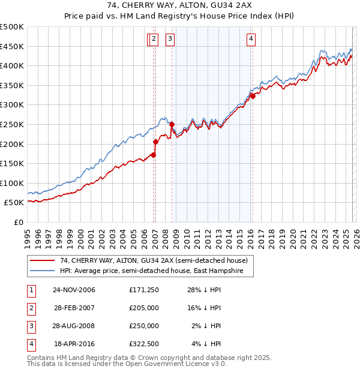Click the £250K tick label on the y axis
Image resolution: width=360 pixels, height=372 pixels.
click(12, 124)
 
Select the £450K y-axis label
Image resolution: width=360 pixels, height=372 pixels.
click(12, 46)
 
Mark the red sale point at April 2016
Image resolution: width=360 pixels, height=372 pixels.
click(253, 96)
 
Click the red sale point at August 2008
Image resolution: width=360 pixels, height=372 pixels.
click(172, 124)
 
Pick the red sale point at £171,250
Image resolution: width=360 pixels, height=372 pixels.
click(154, 155)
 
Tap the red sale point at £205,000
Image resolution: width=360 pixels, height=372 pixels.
click(156, 142)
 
